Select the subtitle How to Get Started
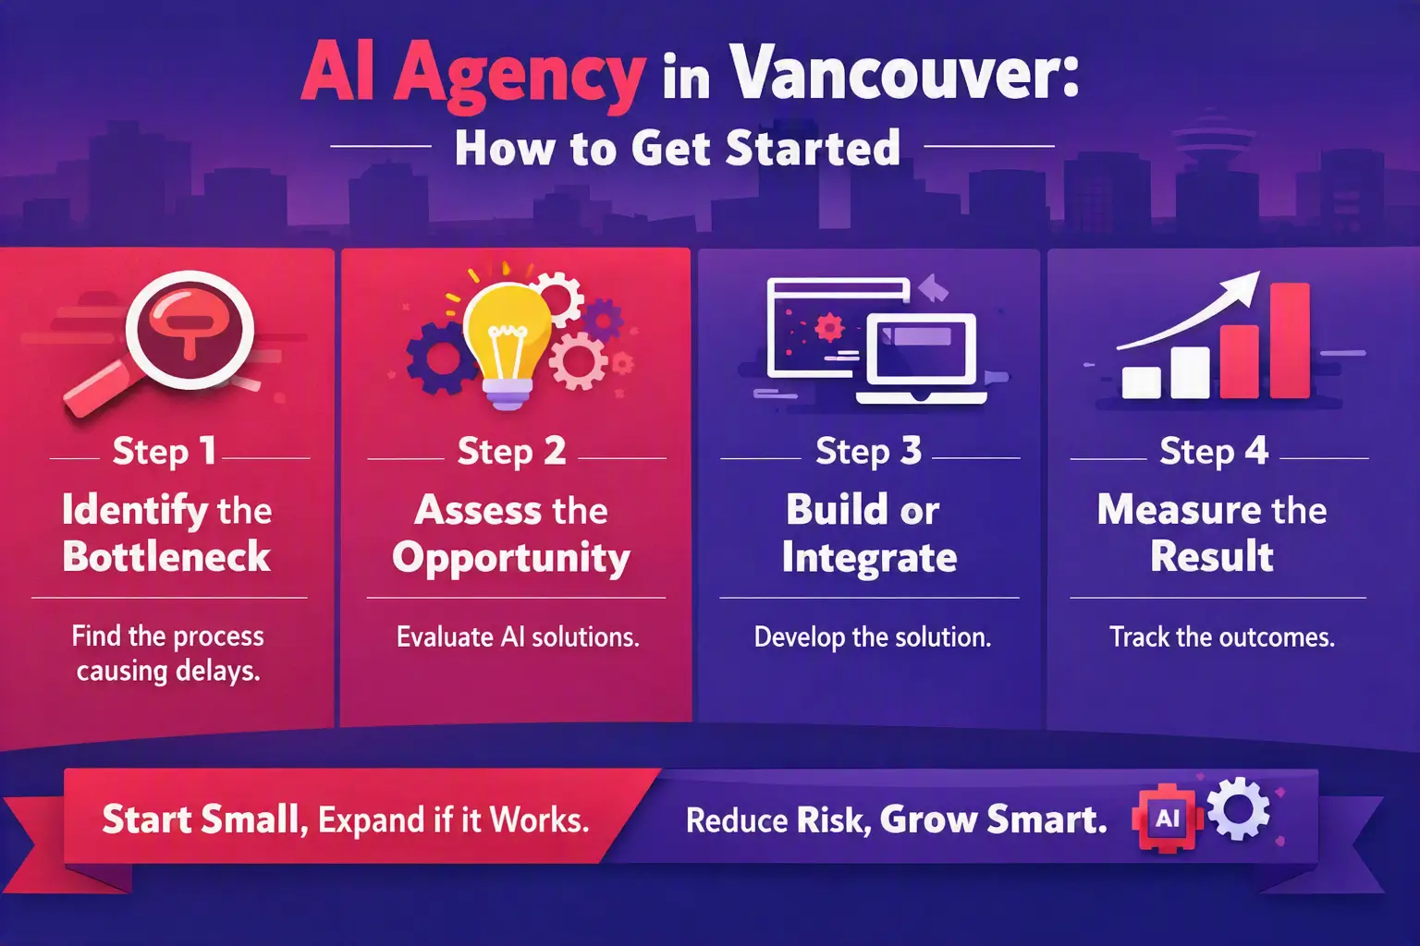click(x=678, y=148)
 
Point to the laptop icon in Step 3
click(x=922, y=358)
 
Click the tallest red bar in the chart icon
click(x=1290, y=340)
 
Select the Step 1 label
click(x=165, y=451)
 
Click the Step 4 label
click(x=1213, y=451)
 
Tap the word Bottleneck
click(x=166, y=556)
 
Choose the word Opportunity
click(x=511, y=558)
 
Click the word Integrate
click(x=869, y=558)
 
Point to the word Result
click(x=1211, y=556)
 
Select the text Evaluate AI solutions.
click(x=518, y=637)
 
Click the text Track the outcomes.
click(x=1221, y=637)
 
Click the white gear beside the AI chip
click(x=1238, y=808)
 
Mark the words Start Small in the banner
click(x=202, y=819)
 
